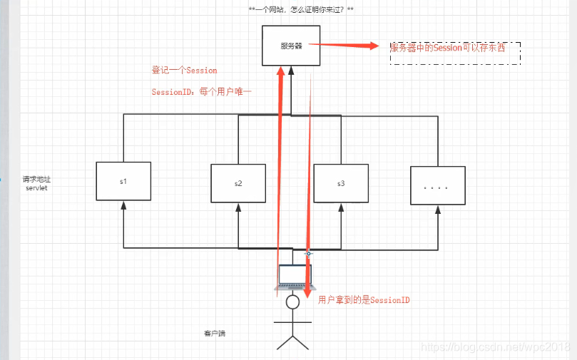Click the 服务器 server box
point(290,46)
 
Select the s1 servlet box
point(123,182)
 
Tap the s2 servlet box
point(238,183)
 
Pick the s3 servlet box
point(341,183)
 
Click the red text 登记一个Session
point(184,71)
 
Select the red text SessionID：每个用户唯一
point(202,93)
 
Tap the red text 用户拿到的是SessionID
point(364,300)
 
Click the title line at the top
point(300,9)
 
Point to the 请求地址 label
point(36,180)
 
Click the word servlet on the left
point(36,188)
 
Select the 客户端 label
point(214,333)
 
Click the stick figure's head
point(292,302)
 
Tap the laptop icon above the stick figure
point(292,277)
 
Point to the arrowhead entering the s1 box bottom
point(123,205)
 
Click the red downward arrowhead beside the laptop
point(308,291)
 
